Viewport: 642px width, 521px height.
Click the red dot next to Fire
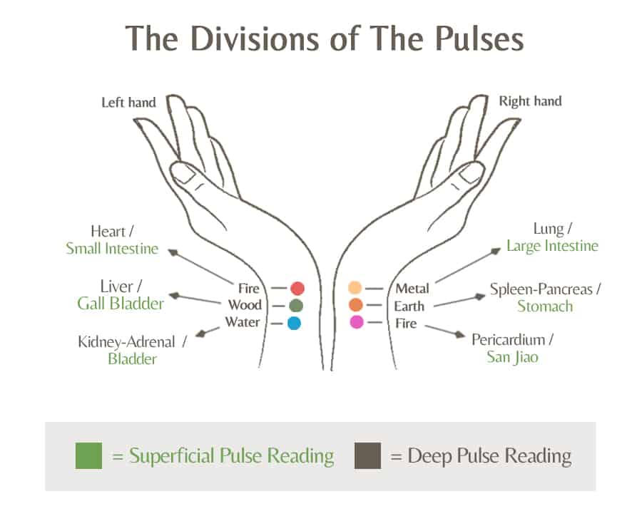[297, 289]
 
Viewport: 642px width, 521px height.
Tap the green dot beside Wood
[295, 306]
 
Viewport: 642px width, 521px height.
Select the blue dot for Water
[294, 323]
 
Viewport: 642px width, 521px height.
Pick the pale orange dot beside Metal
[355, 287]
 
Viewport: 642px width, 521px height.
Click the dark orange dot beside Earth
[355, 305]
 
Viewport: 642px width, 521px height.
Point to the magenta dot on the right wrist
[357, 322]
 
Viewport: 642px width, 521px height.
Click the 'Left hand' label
[128, 102]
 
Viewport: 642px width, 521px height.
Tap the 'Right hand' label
[530, 101]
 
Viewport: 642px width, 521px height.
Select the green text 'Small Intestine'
[112, 249]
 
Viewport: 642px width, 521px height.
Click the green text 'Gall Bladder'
[121, 304]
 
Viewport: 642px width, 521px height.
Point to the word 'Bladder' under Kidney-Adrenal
[132, 358]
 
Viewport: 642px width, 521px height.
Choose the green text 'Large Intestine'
[552, 246]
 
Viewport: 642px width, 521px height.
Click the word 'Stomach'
[545, 306]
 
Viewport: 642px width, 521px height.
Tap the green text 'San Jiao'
[512, 357]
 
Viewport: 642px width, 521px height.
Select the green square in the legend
[89, 455]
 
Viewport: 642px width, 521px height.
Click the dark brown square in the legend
[367, 455]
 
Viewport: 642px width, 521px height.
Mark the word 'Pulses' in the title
[479, 38]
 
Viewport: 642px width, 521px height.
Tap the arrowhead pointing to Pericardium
[460, 335]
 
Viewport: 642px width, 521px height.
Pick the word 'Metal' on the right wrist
[412, 289]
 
